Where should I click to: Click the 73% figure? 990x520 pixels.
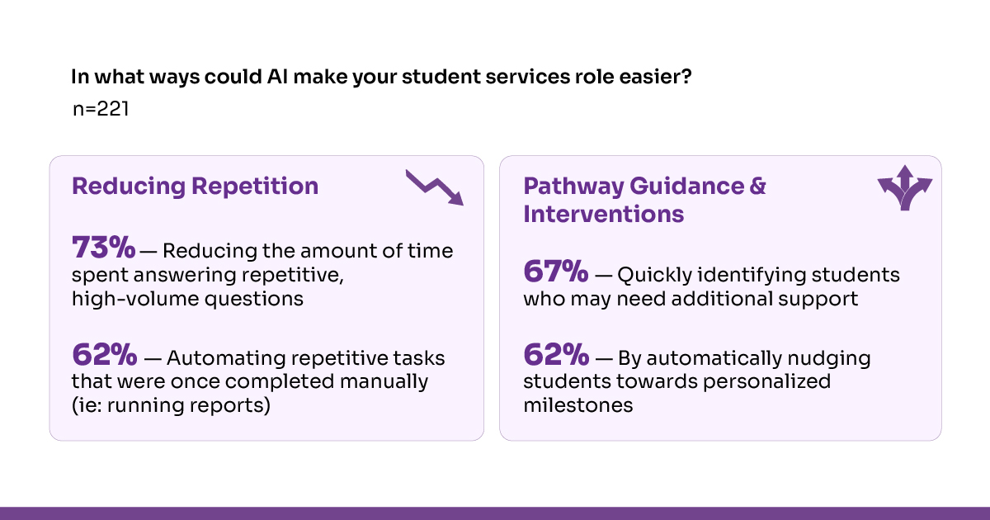tap(103, 247)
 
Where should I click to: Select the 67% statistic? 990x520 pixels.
tap(556, 271)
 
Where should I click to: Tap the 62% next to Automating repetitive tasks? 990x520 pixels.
tap(104, 354)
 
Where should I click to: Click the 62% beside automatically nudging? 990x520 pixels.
tap(556, 354)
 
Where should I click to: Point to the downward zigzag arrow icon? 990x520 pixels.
tap(435, 187)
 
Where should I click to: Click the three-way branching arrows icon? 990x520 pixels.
tap(905, 188)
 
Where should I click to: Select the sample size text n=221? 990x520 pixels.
tap(101, 109)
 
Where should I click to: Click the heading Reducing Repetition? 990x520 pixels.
tap(195, 187)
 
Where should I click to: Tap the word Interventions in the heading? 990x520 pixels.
tap(604, 214)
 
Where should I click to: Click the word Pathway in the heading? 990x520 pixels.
tap(573, 187)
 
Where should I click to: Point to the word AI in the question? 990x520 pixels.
tap(277, 77)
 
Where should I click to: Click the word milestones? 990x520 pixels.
tap(578, 405)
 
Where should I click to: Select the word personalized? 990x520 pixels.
tap(766, 381)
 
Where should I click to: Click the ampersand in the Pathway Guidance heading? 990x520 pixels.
tap(758, 187)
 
